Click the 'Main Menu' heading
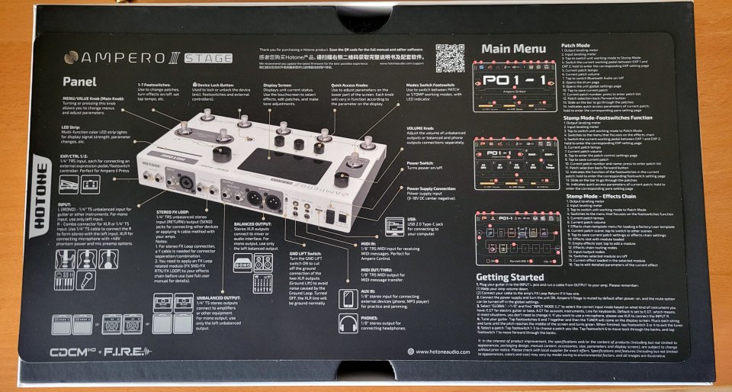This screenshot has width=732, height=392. click(x=515, y=50)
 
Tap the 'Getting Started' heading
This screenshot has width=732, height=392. click(x=509, y=277)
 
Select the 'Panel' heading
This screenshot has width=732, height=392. click(x=79, y=81)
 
